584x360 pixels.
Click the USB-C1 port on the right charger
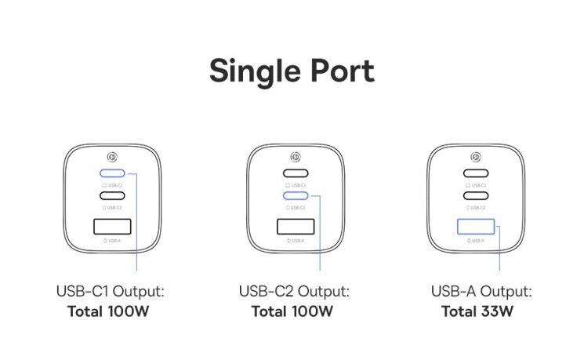pyautogui.click(x=475, y=173)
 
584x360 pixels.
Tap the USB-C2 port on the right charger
pyautogui.click(x=475, y=196)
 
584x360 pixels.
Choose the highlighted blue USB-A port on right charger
pyautogui.click(x=475, y=227)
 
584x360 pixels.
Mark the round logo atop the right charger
pyautogui.click(x=475, y=156)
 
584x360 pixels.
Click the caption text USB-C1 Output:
pyautogui.click(x=110, y=292)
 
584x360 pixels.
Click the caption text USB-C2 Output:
pyautogui.click(x=293, y=292)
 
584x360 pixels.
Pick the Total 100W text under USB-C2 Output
pyautogui.click(x=293, y=311)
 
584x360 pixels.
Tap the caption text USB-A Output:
pyautogui.click(x=481, y=292)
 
